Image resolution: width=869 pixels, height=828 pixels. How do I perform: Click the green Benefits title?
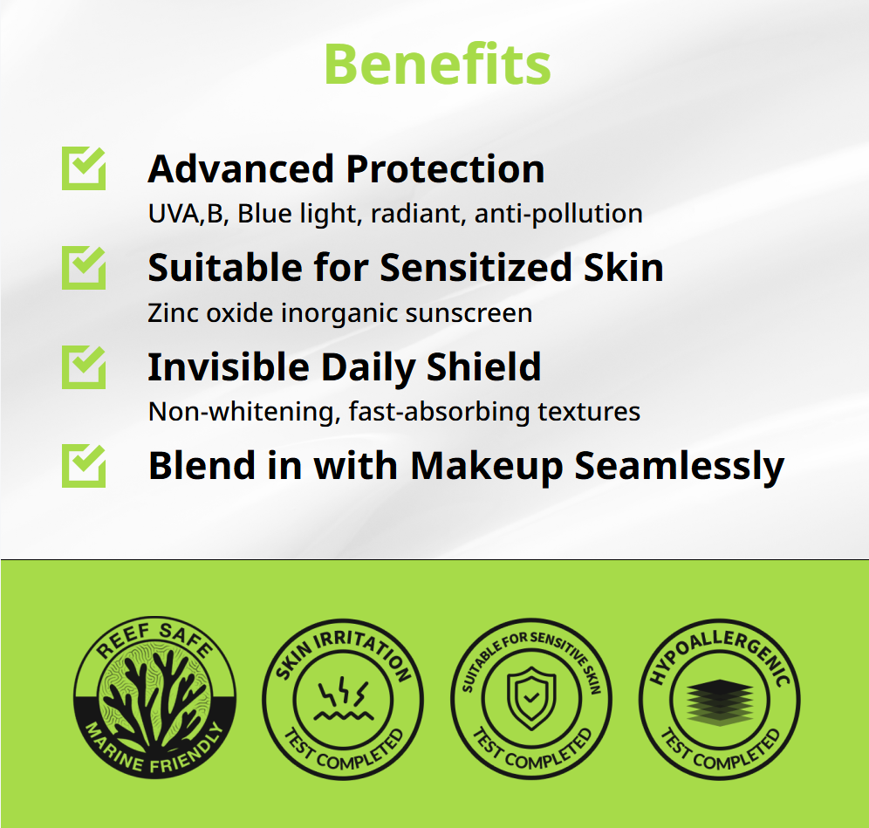pyautogui.click(x=437, y=65)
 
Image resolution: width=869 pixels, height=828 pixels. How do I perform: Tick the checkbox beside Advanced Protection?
pyautogui.click(x=84, y=168)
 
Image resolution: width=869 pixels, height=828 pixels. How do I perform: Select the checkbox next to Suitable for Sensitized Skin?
pyautogui.click(x=84, y=267)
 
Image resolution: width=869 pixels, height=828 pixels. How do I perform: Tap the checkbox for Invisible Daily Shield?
pyautogui.click(x=84, y=366)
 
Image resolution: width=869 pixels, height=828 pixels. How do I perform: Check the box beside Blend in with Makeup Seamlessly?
pyautogui.click(x=84, y=466)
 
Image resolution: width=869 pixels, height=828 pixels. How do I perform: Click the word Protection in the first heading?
pyautogui.click(x=446, y=168)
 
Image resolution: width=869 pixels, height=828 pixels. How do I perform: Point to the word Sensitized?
pyautogui.click(x=476, y=268)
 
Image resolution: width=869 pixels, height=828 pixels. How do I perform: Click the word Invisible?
pyautogui.click(x=229, y=366)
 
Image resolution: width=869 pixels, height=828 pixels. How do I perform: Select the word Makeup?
pyautogui.click(x=486, y=467)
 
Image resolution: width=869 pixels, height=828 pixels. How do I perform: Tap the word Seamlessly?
pyautogui.click(x=680, y=467)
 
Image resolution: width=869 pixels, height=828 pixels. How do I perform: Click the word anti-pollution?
pyautogui.click(x=558, y=214)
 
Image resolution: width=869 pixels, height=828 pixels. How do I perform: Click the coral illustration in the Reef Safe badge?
pyautogui.click(x=154, y=697)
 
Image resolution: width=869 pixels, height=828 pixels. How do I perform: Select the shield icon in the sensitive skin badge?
pyautogui.click(x=531, y=698)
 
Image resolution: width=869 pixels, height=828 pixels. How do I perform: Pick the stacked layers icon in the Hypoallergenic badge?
pyautogui.click(x=719, y=702)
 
